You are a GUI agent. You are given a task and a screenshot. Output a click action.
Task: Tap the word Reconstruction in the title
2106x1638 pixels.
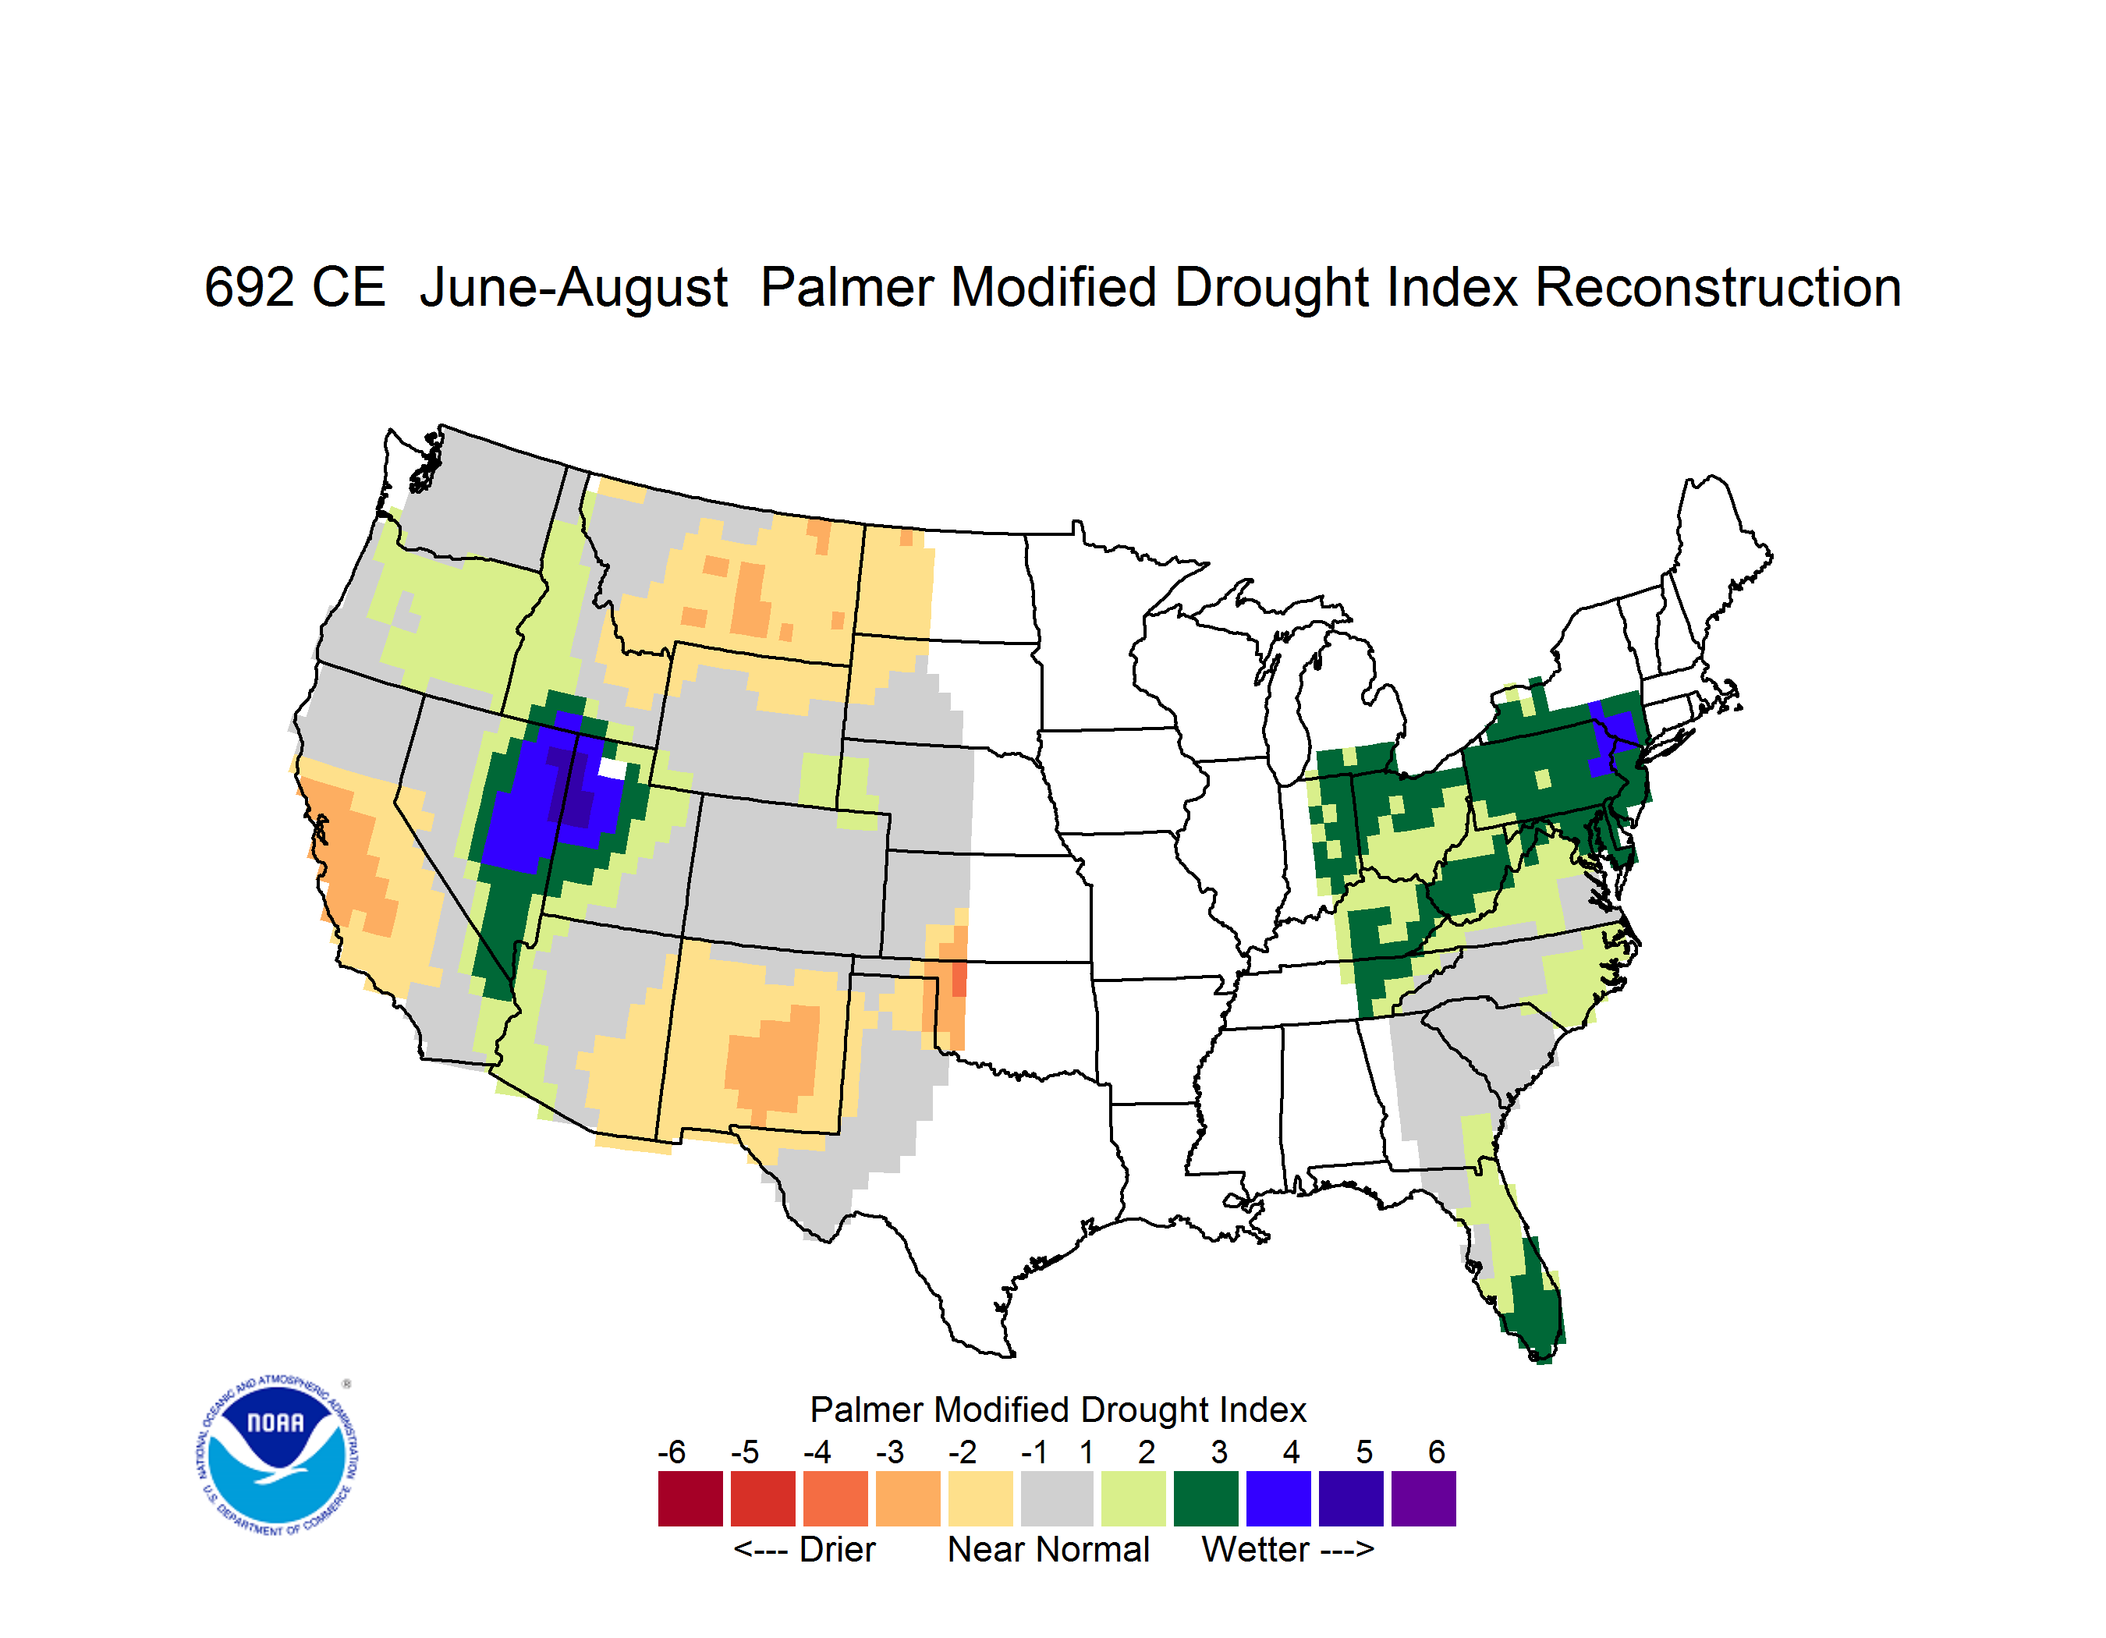pyautogui.click(x=1718, y=287)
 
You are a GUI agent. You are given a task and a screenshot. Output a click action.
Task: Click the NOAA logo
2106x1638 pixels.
pyautogui.click(x=277, y=1455)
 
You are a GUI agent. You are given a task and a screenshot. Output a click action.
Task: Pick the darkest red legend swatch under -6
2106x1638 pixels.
pyautogui.click(x=690, y=1498)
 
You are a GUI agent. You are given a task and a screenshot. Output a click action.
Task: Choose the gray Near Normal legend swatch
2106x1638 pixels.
pyautogui.click(x=1057, y=1498)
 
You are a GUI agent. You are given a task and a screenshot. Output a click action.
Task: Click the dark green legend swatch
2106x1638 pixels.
pyautogui.click(x=1205, y=1498)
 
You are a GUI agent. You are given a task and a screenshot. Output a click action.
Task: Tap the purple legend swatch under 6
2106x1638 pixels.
pyautogui.click(x=1423, y=1498)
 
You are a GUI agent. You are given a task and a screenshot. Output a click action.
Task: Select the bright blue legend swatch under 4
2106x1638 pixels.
pyautogui.click(x=1278, y=1498)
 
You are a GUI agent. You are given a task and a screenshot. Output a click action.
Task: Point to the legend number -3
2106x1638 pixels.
pyautogui.click(x=890, y=1452)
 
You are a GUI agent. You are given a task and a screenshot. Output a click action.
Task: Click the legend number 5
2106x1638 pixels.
pyautogui.click(x=1364, y=1452)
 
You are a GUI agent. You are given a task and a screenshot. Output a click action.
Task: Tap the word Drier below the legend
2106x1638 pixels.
pyautogui.click(x=837, y=1549)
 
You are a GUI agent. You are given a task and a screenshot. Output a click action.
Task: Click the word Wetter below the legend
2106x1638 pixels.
pyautogui.click(x=1256, y=1549)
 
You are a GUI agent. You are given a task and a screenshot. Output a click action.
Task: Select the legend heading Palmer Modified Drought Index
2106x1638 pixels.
pyautogui.click(x=1058, y=1409)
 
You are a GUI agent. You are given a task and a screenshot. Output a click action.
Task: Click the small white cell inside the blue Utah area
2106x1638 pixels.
pyautogui.click(x=612, y=768)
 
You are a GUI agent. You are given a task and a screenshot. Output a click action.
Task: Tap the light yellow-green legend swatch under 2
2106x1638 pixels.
pyautogui.click(x=1133, y=1498)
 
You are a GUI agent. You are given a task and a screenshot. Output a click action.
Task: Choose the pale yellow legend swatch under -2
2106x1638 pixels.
pyautogui.click(x=980, y=1498)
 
